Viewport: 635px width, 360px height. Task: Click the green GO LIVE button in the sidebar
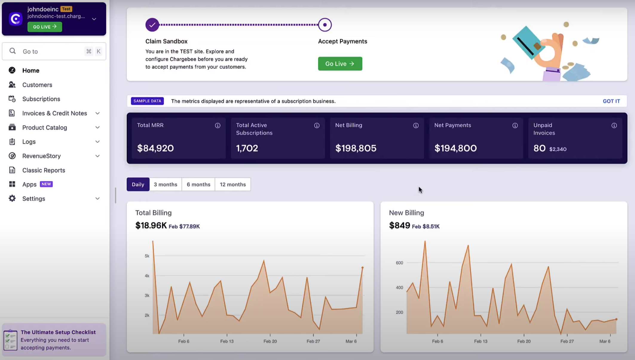45,27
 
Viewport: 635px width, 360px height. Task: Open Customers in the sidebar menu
37,85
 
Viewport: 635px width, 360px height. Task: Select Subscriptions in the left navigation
41,99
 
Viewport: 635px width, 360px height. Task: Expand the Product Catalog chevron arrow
97,128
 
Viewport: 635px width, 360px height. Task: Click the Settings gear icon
12,198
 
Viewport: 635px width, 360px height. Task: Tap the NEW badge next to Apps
46,184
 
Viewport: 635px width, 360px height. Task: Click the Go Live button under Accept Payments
340,64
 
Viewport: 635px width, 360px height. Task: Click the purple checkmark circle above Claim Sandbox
152,25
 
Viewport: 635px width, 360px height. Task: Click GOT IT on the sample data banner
611,101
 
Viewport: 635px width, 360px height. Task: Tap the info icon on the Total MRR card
218,125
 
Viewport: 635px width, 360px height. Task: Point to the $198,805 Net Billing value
356,148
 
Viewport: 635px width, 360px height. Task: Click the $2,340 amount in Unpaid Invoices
558,149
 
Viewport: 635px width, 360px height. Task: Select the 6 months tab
198,184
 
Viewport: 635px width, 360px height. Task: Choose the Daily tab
138,184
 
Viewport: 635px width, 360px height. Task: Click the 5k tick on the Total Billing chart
147,256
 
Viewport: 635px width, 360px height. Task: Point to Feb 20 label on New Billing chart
524,341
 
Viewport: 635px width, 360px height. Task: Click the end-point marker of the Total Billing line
362,268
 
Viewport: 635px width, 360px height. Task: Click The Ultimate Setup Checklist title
58,332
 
